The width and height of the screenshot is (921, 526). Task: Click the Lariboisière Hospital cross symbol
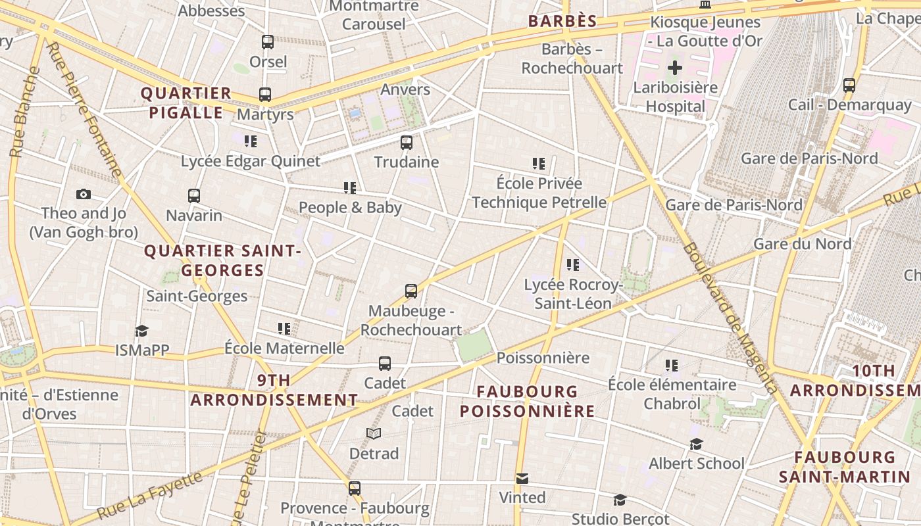pos(675,68)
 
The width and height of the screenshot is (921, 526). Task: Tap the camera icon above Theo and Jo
pos(84,194)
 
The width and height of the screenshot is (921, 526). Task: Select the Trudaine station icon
pos(407,142)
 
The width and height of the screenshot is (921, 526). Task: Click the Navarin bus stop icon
pos(193,196)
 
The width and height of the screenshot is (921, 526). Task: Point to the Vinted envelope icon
pos(522,478)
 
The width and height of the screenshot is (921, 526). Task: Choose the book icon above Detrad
pos(374,433)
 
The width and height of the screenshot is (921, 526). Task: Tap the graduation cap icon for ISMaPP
pos(141,331)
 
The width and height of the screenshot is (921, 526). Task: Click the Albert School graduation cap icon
pos(696,444)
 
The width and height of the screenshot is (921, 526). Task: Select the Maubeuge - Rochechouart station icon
pos(411,291)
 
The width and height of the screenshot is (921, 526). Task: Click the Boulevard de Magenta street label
pos(730,318)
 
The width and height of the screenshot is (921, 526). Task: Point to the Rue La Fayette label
pos(151,495)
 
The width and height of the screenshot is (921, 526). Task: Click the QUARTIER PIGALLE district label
pos(186,103)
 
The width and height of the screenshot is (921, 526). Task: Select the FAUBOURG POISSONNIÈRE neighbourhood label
pos(527,401)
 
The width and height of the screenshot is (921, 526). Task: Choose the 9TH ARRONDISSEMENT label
pos(274,390)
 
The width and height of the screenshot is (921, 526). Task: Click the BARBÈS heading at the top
pos(562,21)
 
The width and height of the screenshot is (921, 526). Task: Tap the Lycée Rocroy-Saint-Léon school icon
pos(573,265)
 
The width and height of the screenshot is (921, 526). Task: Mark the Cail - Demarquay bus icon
pos(849,85)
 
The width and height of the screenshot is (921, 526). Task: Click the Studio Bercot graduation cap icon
pos(619,500)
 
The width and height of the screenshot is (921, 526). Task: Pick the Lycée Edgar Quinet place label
pos(251,161)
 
